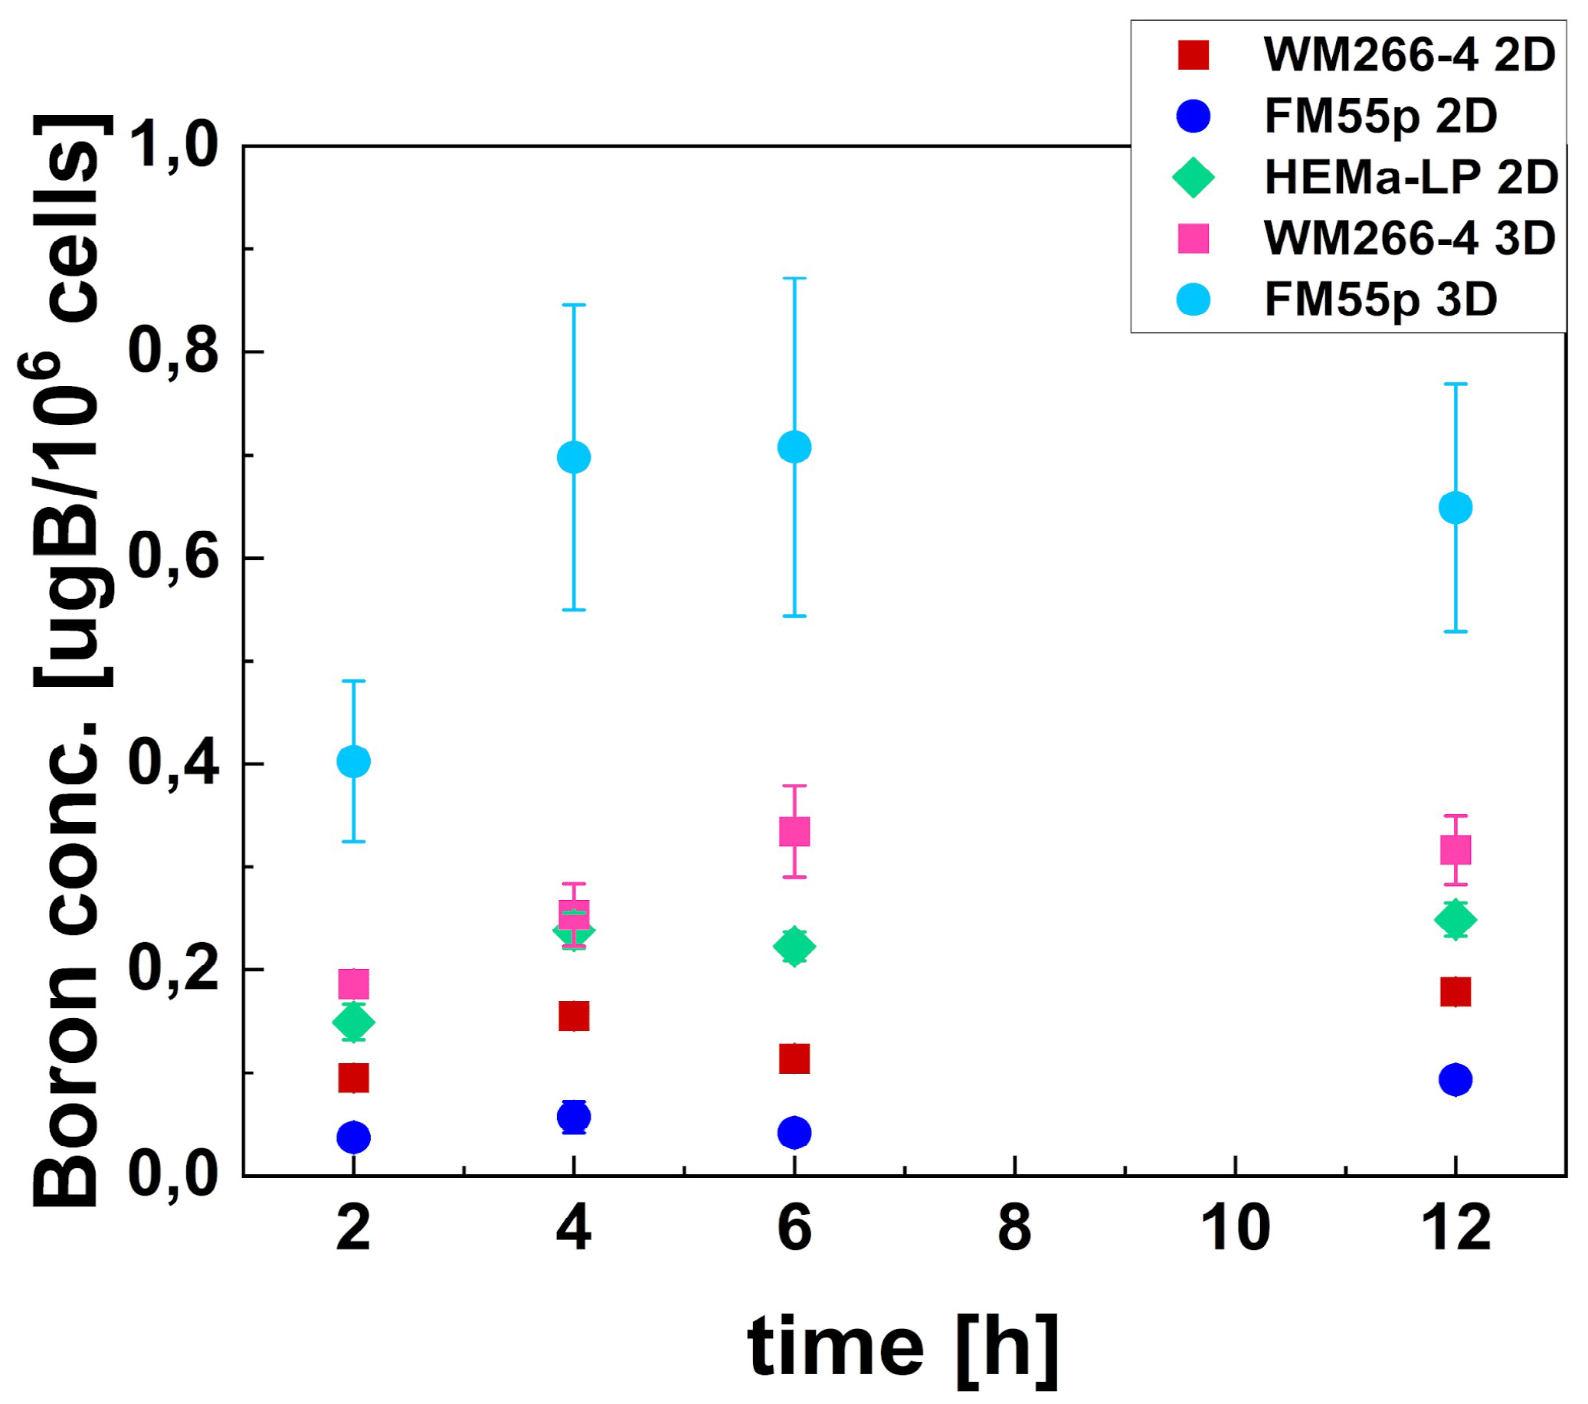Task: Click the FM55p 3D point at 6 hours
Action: tap(794, 447)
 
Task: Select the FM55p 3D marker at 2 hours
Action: tap(353, 761)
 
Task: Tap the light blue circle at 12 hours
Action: tap(1455, 507)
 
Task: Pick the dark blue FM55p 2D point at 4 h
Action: tap(573, 1118)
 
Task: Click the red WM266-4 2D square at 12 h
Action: tap(1455, 992)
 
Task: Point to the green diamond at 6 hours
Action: tap(794, 947)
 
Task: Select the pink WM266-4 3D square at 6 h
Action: tap(794, 831)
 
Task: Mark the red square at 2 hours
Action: tap(353, 1078)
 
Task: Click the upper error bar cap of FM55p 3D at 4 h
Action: tap(573, 306)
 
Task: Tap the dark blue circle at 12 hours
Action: tap(1455, 1079)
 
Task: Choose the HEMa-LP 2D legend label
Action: tap(1411, 178)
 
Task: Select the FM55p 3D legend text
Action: tap(1380, 300)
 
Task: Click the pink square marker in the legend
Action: tap(1193, 238)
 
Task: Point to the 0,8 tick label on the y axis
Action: tap(172, 352)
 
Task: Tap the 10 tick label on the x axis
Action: tap(1235, 1230)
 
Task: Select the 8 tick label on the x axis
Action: tap(1014, 1230)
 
